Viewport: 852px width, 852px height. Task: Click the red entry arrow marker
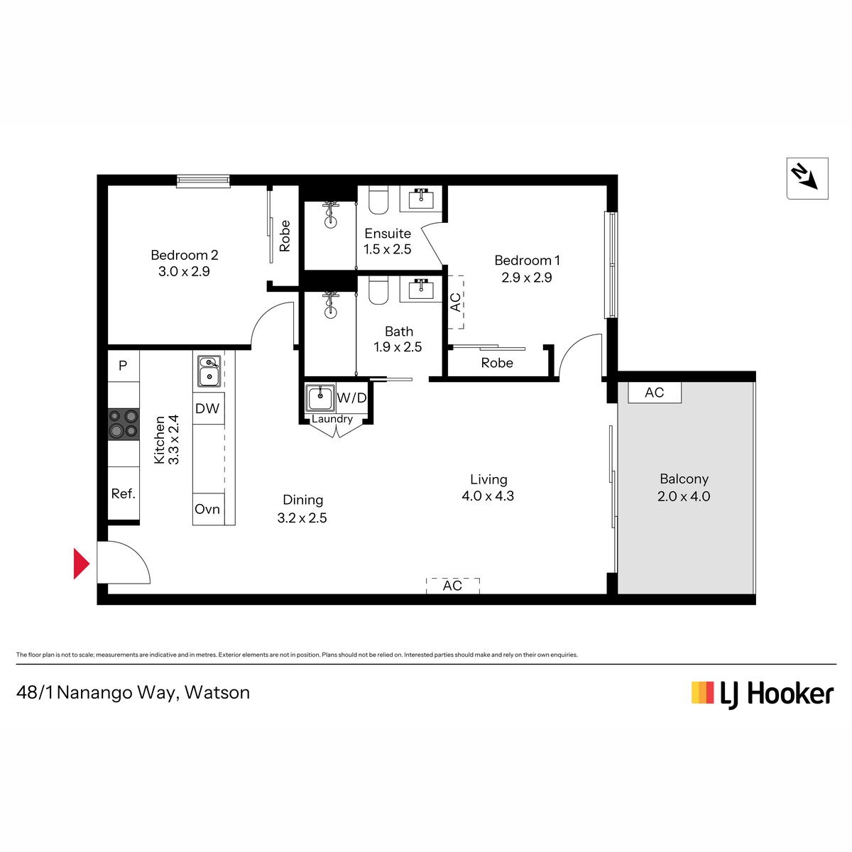click(x=81, y=563)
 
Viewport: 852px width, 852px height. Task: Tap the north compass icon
click(x=807, y=178)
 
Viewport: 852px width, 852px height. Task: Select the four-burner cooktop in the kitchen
click(x=124, y=424)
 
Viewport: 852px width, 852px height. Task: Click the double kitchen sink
click(x=209, y=371)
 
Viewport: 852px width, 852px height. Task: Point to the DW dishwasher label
click(x=207, y=408)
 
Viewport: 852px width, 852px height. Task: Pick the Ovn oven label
click(x=207, y=509)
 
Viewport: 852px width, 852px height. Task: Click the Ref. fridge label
click(x=124, y=493)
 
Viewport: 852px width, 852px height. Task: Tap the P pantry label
click(x=123, y=365)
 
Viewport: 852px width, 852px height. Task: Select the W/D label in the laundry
click(x=351, y=398)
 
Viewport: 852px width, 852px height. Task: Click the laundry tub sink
click(x=320, y=398)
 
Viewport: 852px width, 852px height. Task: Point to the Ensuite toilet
click(x=378, y=200)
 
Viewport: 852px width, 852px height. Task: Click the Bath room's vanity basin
click(x=420, y=289)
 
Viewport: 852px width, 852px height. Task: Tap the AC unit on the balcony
click(x=655, y=392)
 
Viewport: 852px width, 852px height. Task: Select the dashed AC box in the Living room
click(x=452, y=586)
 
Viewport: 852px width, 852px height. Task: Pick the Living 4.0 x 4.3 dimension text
click(x=488, y=496)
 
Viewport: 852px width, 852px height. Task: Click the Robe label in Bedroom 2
click(x=285, y=236)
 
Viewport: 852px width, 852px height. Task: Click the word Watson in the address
click(x=217, y=692)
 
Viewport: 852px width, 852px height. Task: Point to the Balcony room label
click(x=684, y=479)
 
